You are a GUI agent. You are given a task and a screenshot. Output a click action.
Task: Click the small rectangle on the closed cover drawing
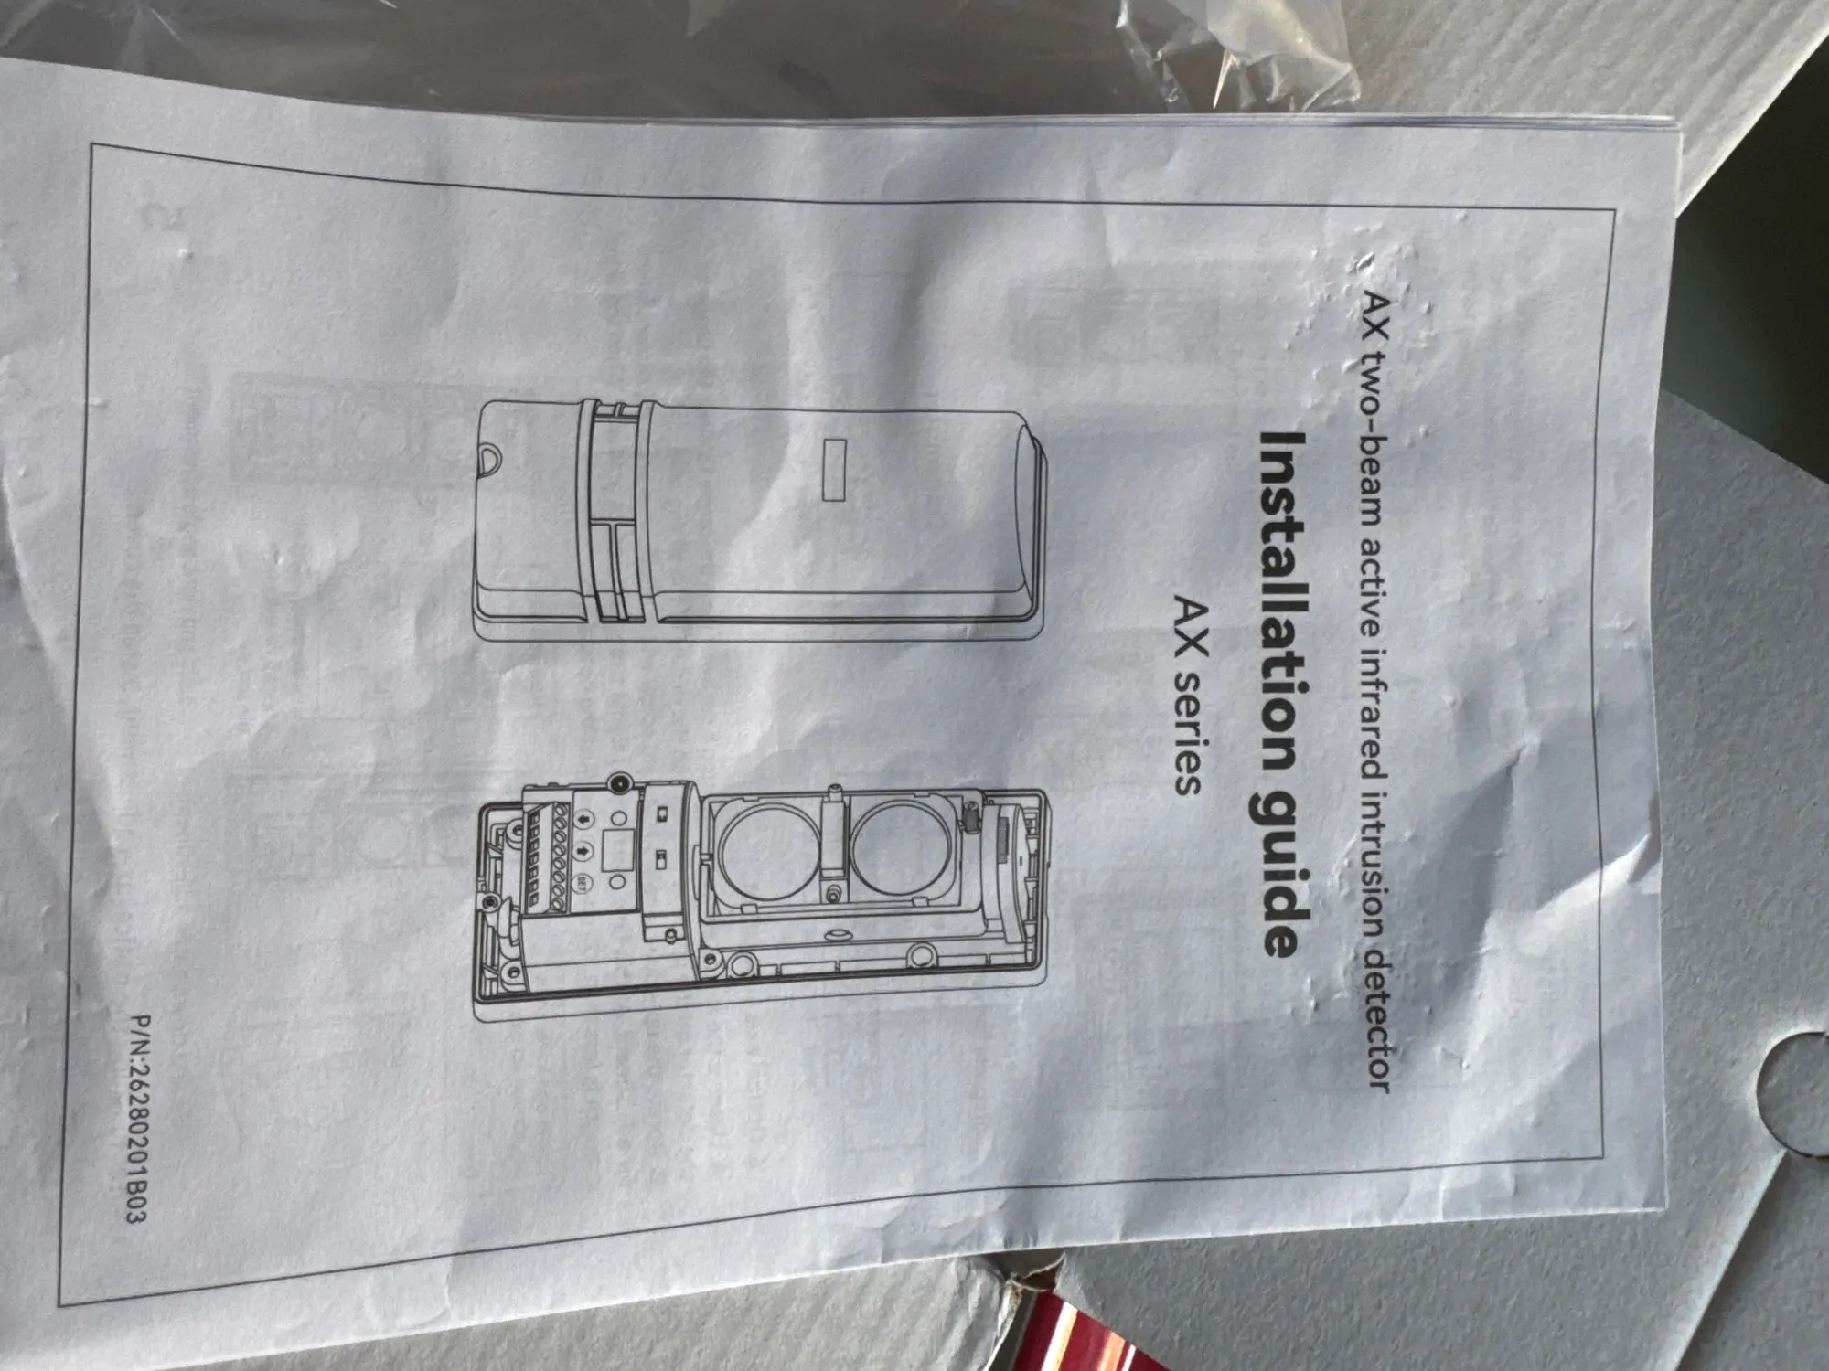pos(834,469)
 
